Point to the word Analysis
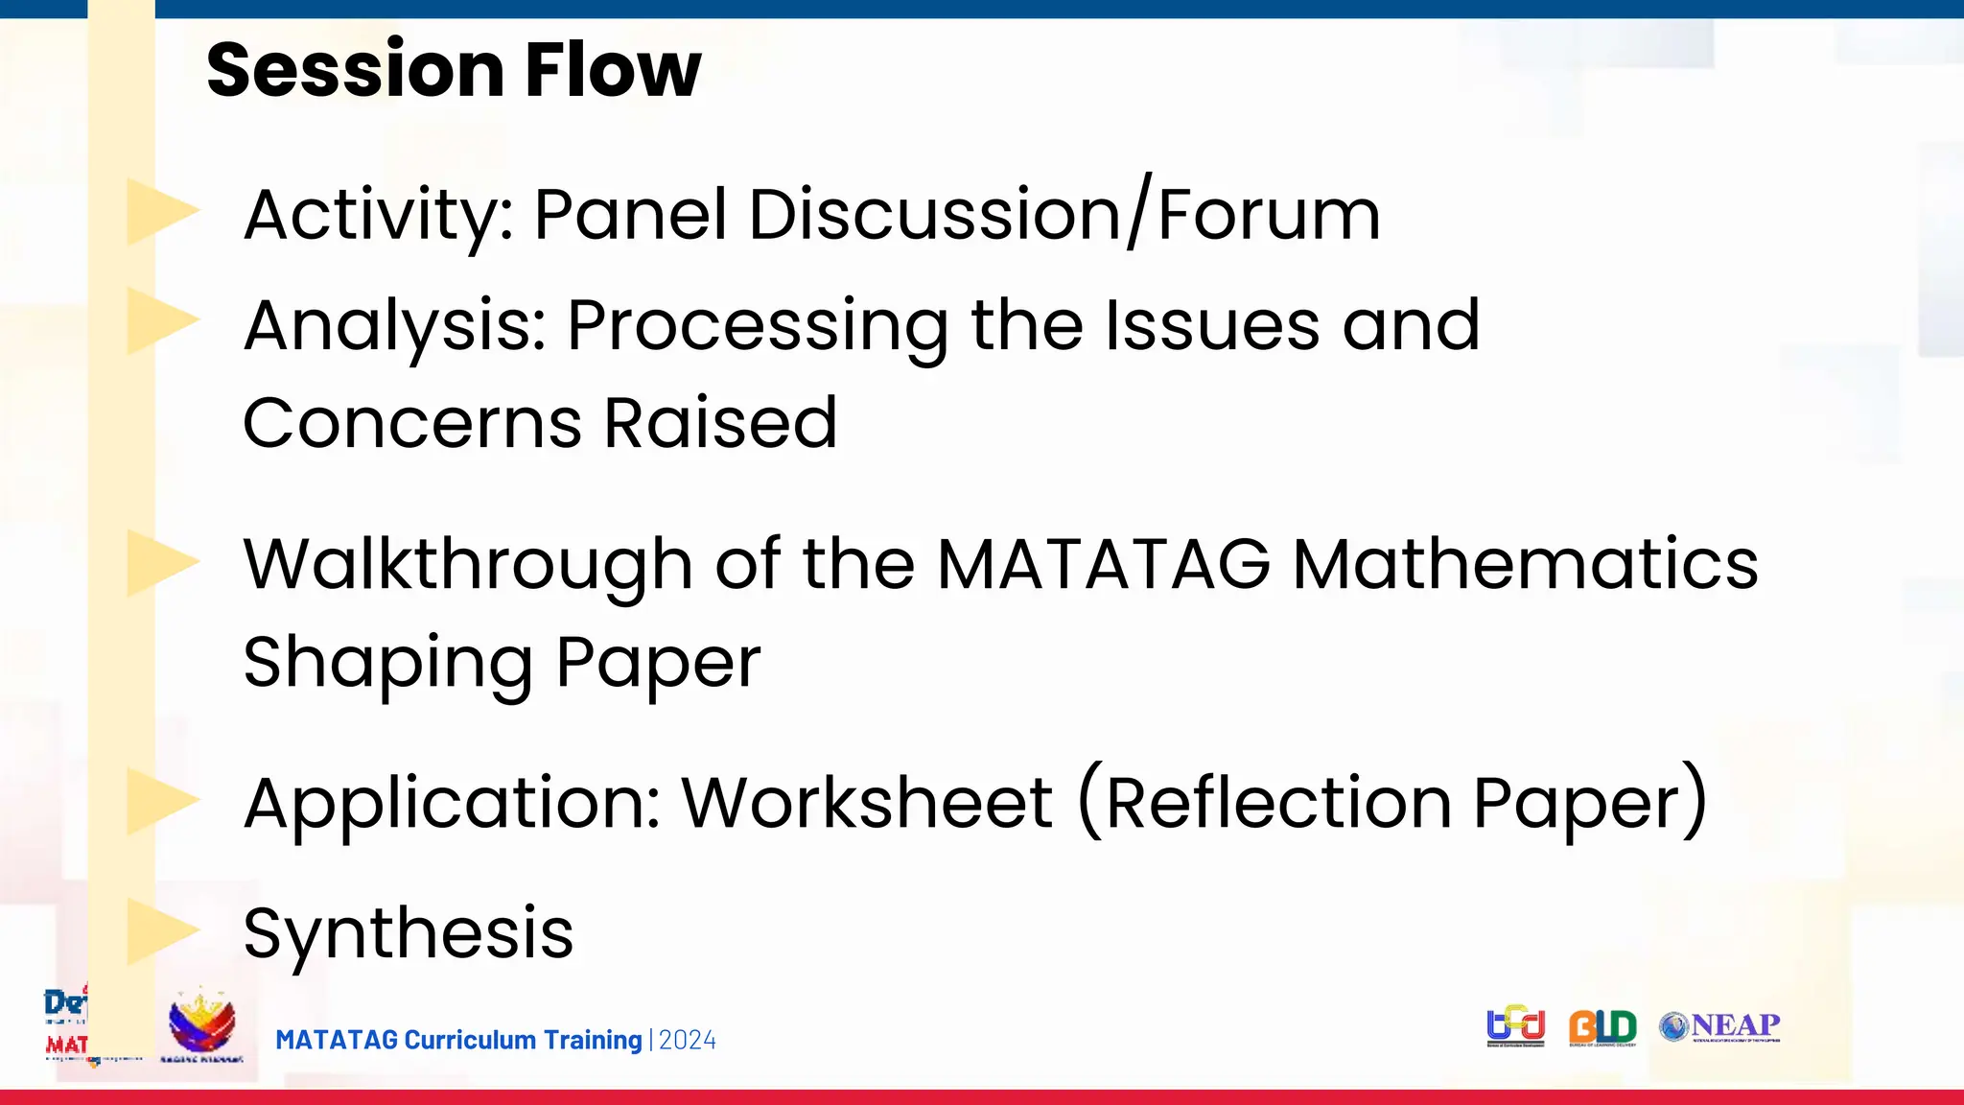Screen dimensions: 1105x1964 [x=394, y=326]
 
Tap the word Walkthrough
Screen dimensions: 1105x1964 [x=468, y=564]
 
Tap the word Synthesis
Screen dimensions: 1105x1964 [x=409, y=932]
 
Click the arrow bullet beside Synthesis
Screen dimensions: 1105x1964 [x=160, y=930]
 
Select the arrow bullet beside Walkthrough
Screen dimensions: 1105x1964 [x=160, y=563]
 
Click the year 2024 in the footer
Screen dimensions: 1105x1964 [x=688, y=1041]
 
